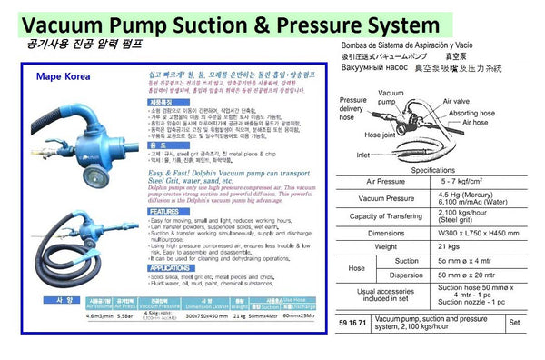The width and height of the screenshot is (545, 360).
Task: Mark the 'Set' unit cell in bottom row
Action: [515, 322]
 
